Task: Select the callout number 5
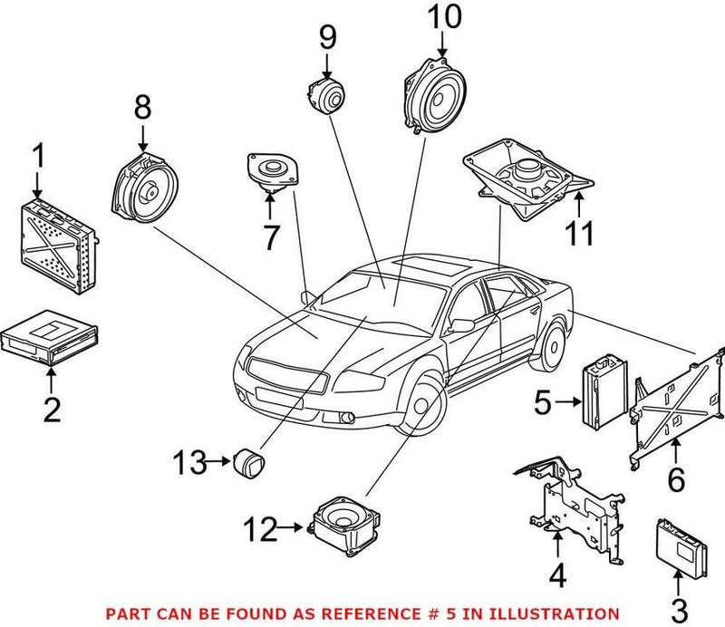pos(542,401)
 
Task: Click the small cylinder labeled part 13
pos(247,461)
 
